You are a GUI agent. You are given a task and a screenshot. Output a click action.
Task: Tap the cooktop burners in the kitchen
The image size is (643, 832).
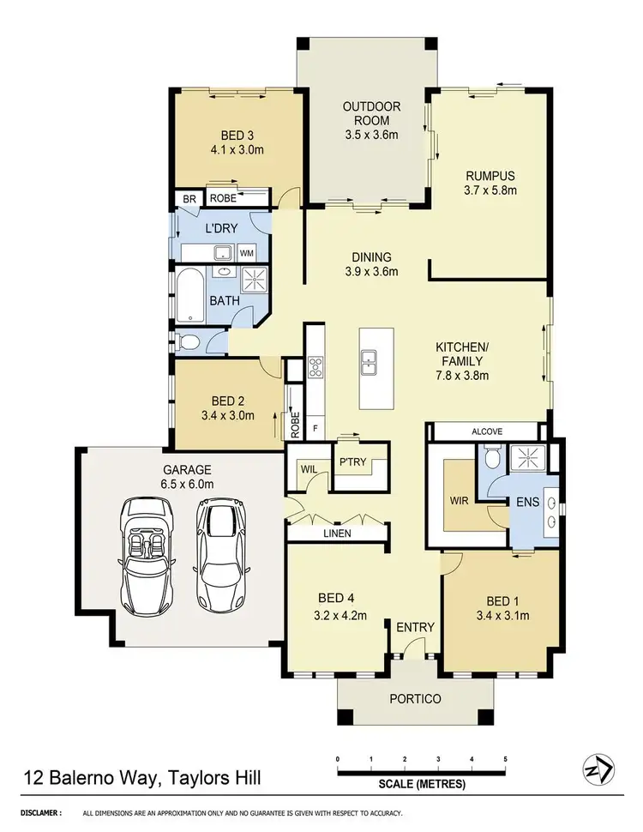point(315,367)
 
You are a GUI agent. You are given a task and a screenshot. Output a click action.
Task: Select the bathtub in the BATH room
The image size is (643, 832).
point(190,297)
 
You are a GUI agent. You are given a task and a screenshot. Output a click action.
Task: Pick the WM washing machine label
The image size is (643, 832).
point(247,253)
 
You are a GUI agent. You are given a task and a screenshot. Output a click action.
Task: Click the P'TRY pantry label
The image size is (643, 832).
point(352,462)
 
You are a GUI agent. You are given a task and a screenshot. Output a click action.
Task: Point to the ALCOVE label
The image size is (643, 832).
point(487,431)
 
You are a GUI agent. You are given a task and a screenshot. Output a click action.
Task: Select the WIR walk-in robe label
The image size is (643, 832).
point(459,501)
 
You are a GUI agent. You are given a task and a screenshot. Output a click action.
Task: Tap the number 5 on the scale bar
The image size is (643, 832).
point(505,759)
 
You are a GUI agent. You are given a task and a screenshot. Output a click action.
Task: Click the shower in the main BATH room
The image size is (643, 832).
point(253,278)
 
